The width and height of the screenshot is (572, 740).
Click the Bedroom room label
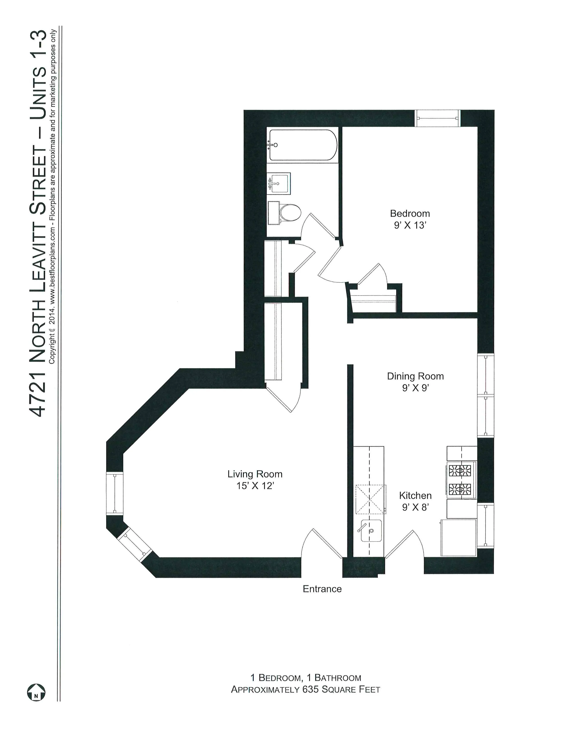(x=410, y=213)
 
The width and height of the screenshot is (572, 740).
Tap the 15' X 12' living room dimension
(x=255, y=486)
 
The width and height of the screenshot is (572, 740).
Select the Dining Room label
(x=415, y=376)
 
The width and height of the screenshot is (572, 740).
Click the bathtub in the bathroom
(x=303, y=145)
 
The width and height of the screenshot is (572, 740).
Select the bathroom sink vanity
(x=279, y=183)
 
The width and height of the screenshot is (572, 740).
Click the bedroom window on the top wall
(x=437, y=118)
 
